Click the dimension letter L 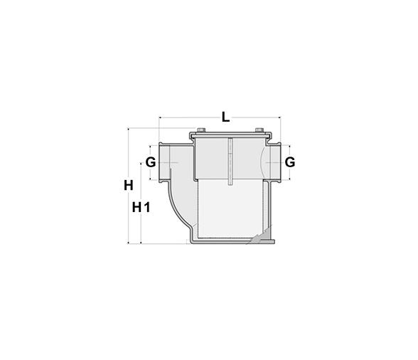(x=225, y=117)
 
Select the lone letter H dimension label (x=129, y=186)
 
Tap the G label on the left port (x=151, y=162)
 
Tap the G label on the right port (x=289, y=162)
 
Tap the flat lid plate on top (x=229, y=135)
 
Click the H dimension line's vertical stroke (x=128, y=213)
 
